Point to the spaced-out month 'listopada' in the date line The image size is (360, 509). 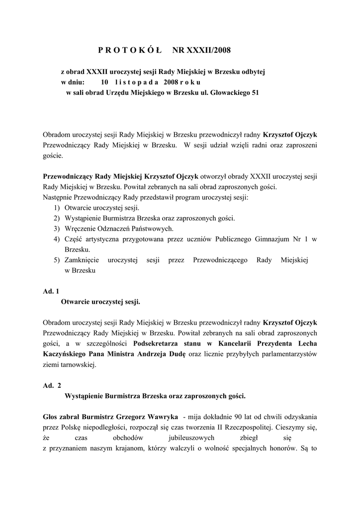point(136,82)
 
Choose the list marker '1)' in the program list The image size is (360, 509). point(57,208)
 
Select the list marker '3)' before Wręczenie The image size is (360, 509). point(57,228)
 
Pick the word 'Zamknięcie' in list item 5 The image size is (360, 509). point(82,260)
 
